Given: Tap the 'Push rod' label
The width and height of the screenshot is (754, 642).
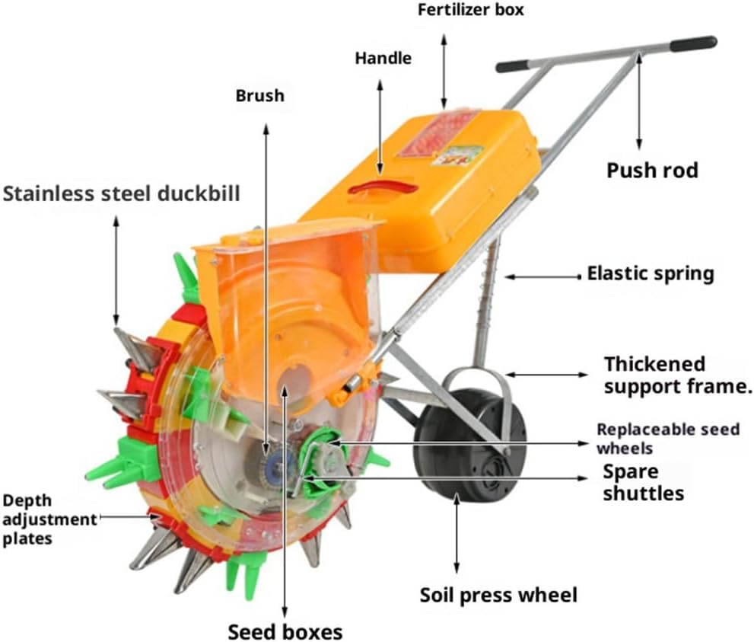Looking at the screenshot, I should point(651,170).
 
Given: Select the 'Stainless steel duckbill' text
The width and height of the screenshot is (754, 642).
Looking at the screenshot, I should point(122,193).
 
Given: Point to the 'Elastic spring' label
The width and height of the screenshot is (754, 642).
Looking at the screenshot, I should point(650,273).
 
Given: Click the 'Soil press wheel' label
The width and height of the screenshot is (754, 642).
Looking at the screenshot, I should point(498,594).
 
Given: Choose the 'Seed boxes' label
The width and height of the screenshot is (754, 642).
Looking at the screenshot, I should point(285,631).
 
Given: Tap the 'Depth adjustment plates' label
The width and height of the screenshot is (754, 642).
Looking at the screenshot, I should point(49,519).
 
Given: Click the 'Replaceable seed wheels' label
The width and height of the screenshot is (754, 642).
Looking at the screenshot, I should point(668,438).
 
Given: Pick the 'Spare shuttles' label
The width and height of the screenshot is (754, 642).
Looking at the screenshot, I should point(643,481).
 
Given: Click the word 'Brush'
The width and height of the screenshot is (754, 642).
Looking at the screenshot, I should point(259,96).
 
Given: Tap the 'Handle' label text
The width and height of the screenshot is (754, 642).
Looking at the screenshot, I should point(383,58).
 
